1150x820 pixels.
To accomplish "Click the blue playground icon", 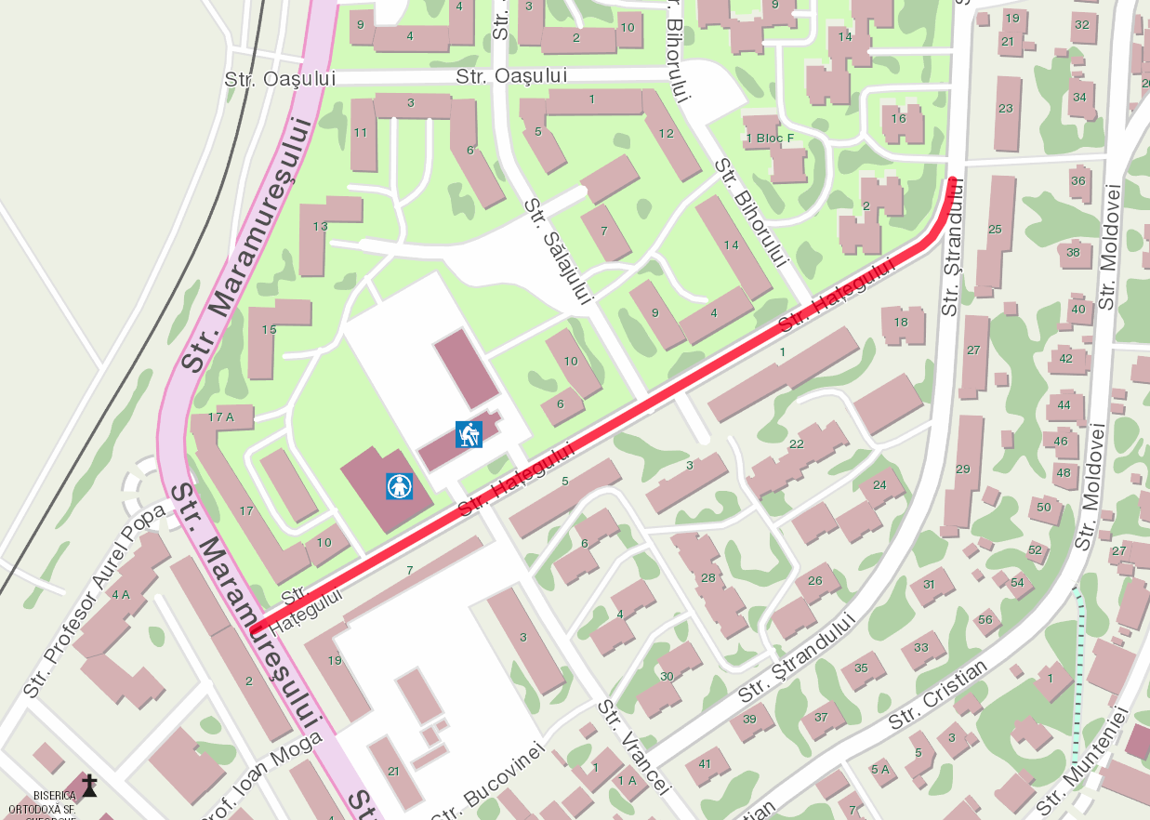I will coord(400,485).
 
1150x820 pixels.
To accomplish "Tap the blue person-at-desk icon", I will coord(469,434).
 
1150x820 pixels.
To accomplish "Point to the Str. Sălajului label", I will coord(557,251).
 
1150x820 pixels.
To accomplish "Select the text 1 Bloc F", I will coord(771,139).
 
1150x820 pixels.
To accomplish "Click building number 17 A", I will coord(220,417).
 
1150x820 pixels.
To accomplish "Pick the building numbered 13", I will coord(321,226).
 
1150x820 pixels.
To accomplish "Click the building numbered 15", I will coord(269,329).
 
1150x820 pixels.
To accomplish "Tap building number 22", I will coord(796,444).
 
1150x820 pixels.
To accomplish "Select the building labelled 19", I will coord(336,660).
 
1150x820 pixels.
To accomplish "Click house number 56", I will coord(985,619).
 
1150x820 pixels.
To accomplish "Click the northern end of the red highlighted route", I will coord(953,179).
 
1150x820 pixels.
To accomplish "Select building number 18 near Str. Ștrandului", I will coord(901,323).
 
